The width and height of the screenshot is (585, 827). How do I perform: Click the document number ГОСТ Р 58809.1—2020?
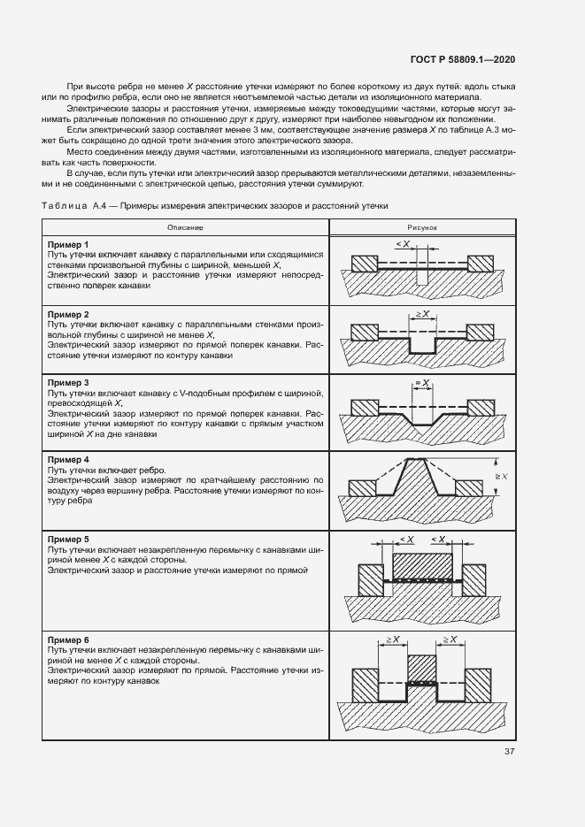(x=464, y=59)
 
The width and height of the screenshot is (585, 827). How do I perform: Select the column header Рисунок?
(x=422, y=227)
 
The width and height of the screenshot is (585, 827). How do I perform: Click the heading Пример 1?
(x=68, y=244)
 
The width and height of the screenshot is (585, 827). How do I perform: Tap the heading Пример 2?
(x=68, y=315)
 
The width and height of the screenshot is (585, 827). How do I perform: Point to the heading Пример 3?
(x=68, y=381)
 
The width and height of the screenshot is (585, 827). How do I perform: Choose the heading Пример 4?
(x=68, y=460)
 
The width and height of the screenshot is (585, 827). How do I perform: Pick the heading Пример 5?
(x=68, y=539)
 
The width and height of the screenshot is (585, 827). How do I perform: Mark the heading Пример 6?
(x=68, y=638)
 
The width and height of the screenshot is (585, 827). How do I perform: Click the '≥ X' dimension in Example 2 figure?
(x=421, y=314)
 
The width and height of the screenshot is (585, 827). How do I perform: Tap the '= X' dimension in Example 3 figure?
(x=422, y=382)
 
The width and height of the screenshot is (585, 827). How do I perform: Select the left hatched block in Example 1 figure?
(x=364, y=264)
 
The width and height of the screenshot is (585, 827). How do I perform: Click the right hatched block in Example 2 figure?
(x=480, y=332)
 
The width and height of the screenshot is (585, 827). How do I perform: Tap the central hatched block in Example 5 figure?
(x=421, y=564)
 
